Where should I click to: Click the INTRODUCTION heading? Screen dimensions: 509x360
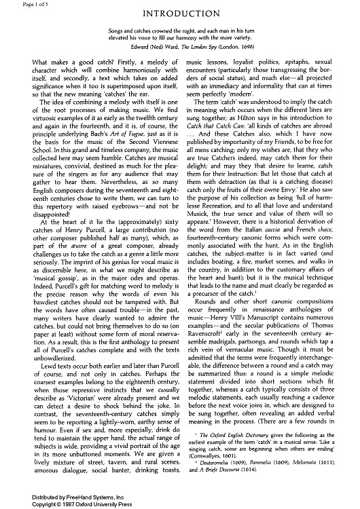179,13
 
